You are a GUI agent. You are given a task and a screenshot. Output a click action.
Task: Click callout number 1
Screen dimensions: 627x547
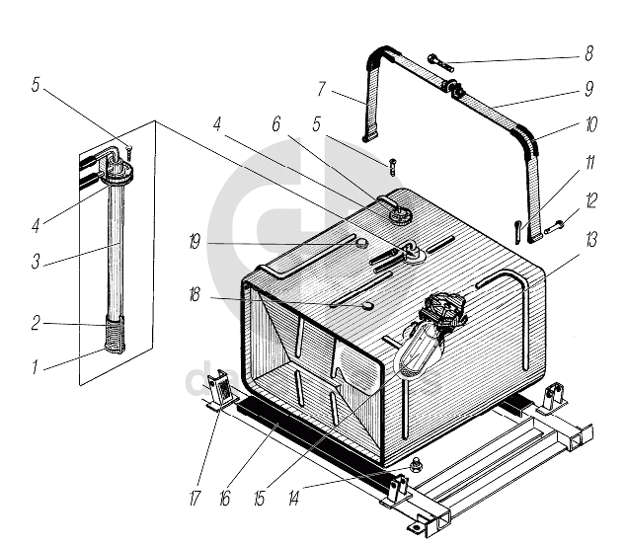click(36, 366)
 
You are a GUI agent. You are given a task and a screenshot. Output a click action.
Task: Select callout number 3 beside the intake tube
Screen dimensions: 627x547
click(36, 262)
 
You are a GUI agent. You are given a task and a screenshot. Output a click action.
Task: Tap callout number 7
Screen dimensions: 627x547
click(321, 89)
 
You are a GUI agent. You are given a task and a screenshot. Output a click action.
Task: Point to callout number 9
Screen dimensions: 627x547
click(589, 89)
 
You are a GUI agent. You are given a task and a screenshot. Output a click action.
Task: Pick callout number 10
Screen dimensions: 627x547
click(591, 124)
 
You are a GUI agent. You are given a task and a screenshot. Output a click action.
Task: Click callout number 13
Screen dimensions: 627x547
click(591, 240)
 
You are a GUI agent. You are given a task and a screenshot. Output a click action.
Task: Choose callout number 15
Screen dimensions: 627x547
click(260, 499)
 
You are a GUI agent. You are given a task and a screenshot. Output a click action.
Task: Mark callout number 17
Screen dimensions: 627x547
click(195, 499)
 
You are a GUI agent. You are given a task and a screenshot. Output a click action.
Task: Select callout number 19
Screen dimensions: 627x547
click(195, 242)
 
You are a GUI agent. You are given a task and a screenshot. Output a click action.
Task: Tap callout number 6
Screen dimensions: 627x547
click(275, 124)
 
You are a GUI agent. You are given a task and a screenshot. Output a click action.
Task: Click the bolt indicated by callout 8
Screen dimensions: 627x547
click(440, 64)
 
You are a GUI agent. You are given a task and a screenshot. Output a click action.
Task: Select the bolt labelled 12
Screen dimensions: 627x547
click(553, 227)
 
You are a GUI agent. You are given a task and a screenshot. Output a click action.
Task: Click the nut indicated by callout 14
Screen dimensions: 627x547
click(417, 463)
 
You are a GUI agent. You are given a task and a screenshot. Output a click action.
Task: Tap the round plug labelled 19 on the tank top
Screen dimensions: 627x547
click(362, 243)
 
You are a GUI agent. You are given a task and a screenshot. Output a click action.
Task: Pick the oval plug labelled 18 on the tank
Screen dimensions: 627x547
click(367, 306)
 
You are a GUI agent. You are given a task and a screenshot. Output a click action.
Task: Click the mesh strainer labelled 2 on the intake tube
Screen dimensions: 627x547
click(115, 334)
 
